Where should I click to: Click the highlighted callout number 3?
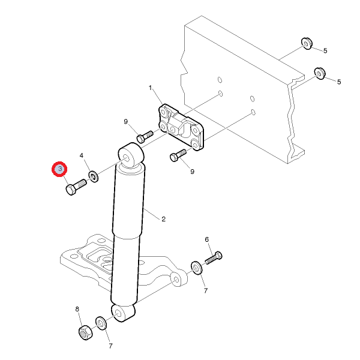point(59,169)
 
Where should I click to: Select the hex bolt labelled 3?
point(76,187)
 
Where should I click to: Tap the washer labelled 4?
point(94,176)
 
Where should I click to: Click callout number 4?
point(82,155)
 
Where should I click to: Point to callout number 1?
point(151,88)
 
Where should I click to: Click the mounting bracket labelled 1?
point(181,127)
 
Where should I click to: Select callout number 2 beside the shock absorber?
point(163,219)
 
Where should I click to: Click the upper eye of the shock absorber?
point(131,155)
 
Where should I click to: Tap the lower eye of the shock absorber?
point(123,313)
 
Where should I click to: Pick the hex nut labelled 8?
point(85,332)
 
